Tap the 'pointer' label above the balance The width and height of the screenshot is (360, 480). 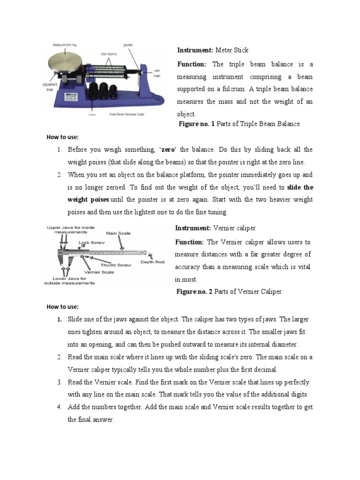[x=128, y=45]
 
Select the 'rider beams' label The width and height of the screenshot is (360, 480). [x=108, y=54]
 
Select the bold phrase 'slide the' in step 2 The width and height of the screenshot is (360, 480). [x=300, y=187]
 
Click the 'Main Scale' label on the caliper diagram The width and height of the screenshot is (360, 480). [x=119, y=233]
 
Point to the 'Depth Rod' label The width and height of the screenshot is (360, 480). [x=152, y=262]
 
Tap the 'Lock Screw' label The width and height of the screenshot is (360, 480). [x=92, y=243]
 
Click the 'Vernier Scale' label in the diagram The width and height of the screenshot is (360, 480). [x=99, y=272]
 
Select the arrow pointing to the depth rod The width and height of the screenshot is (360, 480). [x=150, y=255]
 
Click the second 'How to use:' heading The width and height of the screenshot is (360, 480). [x=62, y=307]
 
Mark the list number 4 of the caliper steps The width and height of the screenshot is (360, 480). [x=60, y=407]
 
